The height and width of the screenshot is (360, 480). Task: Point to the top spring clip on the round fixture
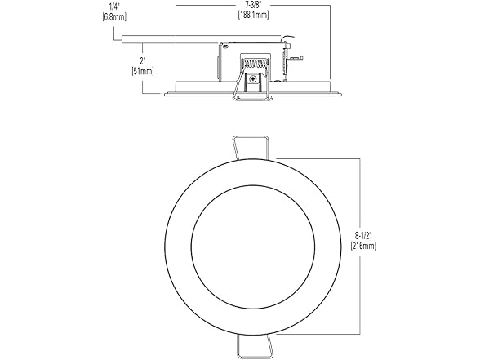point(252,145)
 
